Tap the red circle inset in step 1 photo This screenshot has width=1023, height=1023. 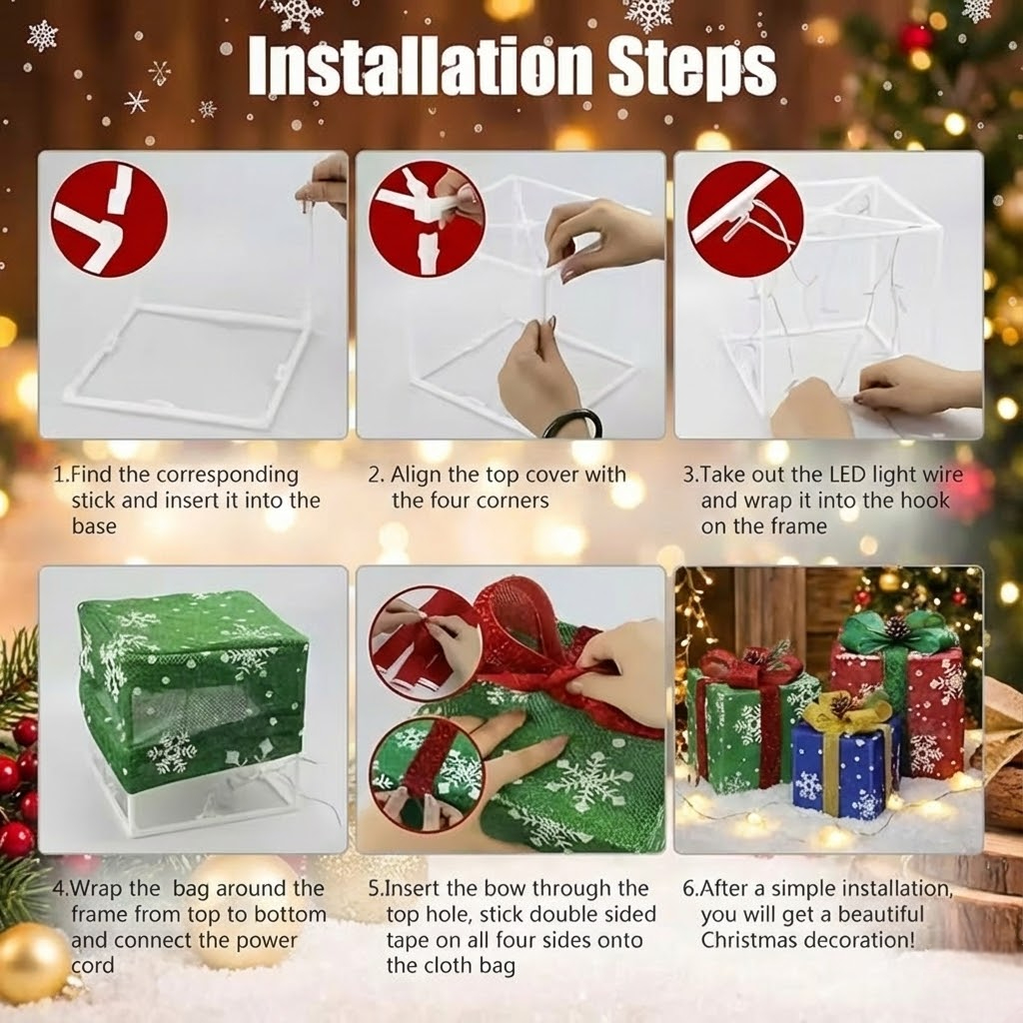click(109, 219)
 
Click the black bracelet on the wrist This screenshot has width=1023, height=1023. click(572, 424)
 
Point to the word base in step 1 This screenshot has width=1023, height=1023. click(94, 525)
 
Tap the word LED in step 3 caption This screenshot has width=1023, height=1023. click(851, 475)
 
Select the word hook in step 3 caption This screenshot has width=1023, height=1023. click(925, 501)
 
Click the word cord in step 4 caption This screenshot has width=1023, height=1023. click(93, 965)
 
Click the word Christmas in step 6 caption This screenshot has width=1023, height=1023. click(747, 940)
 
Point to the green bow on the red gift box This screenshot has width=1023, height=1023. click(896, 632)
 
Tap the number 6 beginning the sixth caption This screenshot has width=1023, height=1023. click(688, 888)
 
